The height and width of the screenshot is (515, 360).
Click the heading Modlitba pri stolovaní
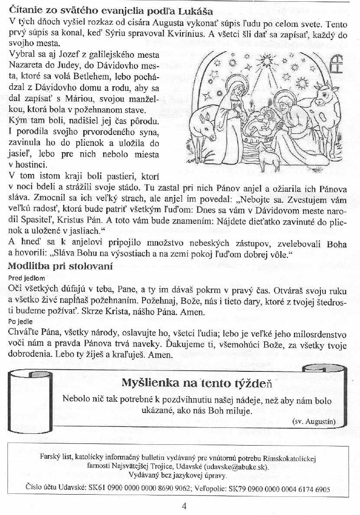pos(60,266)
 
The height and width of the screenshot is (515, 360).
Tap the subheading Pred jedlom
pos(26,277)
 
